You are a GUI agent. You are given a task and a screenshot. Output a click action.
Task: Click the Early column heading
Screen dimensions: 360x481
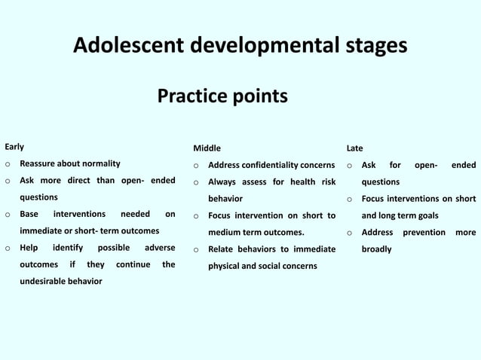(14, 147)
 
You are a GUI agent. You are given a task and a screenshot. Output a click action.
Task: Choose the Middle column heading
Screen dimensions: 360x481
(207, 148)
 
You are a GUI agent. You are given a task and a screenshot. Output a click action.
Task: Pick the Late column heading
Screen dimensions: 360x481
(354, 148)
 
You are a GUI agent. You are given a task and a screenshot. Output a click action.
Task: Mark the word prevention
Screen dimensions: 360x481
(424, 232)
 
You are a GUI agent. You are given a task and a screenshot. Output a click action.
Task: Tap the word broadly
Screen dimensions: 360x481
(377, 249)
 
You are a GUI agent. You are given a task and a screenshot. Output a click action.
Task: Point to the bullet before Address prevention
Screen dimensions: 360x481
(350, 233)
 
